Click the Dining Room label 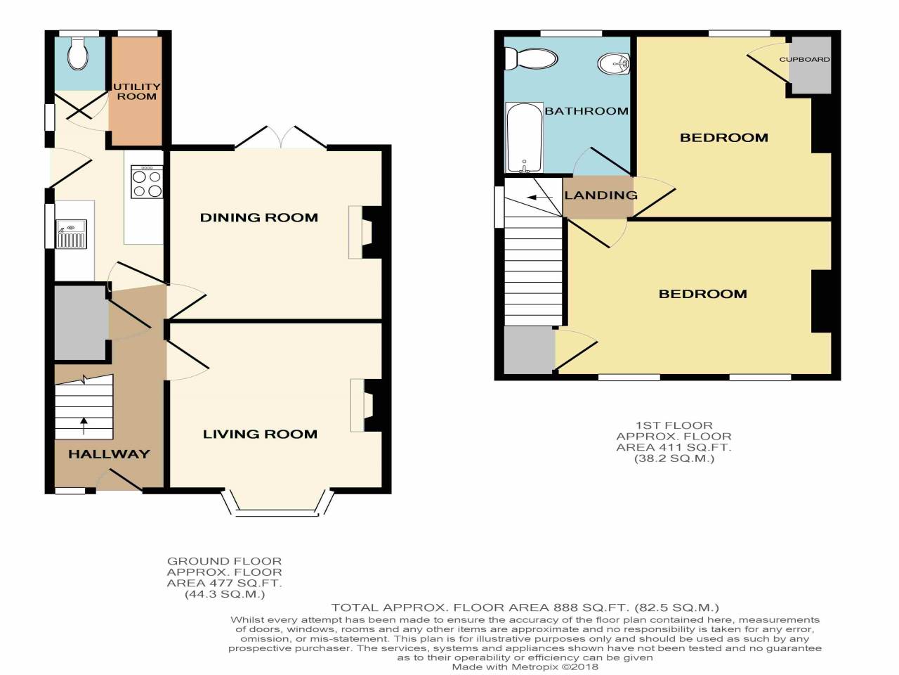point(259,218)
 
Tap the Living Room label point(260,435)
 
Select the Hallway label point(109,454)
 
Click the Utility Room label point(137,91)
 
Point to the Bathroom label point(586,111)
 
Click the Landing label point(601,195)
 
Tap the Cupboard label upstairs point(804,60)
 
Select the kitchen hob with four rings point(147,182)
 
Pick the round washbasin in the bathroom point(615,65)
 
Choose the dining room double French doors point(280,139)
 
